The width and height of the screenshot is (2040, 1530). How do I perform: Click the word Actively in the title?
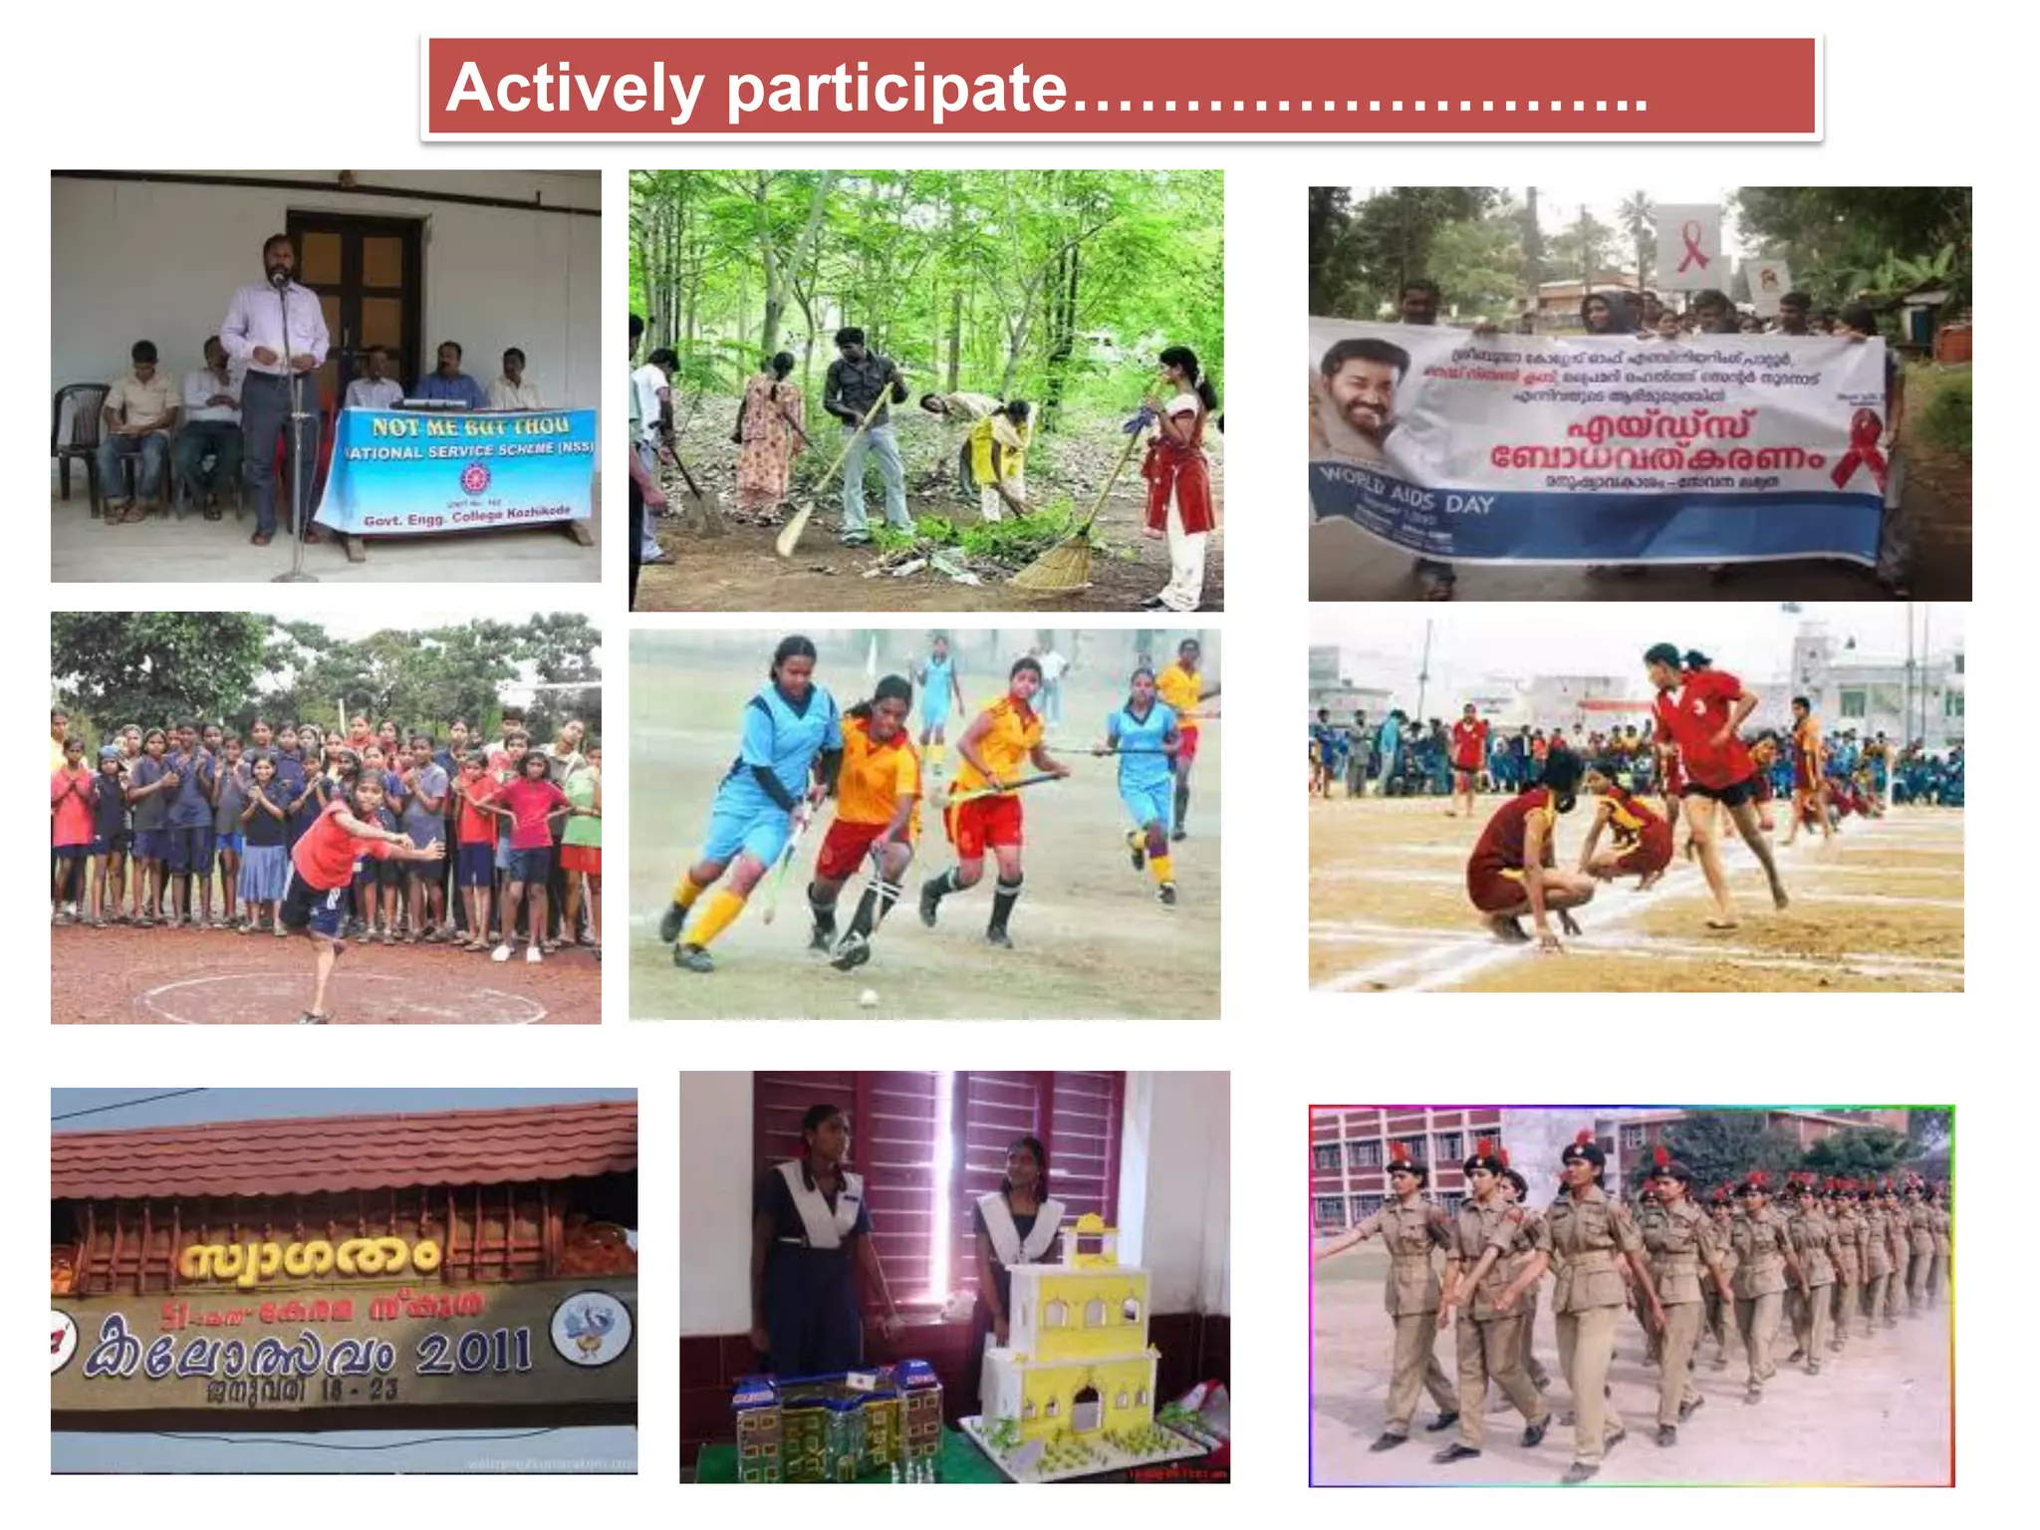click(575, 89)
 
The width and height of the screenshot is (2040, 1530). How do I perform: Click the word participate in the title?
click(896, 91)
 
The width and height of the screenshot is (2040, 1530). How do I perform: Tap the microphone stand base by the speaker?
click(293, 575)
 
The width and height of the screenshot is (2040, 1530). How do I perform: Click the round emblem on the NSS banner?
click(472, 480)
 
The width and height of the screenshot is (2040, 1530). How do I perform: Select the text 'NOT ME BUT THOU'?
click(470, 427)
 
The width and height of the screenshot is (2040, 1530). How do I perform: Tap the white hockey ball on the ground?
click(868, 996)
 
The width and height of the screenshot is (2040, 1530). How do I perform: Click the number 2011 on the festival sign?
click(473, 1352)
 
